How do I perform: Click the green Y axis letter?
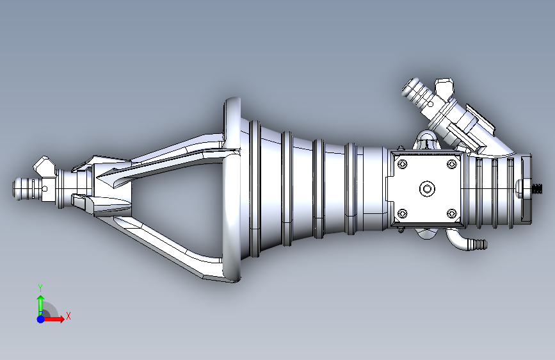tap(40, 288)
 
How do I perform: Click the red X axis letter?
tap(68, 316)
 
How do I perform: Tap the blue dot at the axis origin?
tap(41, 319)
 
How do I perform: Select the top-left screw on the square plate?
tap(403, 164)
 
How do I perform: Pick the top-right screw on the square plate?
tap(451, 164)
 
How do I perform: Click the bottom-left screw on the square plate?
tap(403, 213)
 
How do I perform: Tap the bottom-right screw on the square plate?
tap(451, 213)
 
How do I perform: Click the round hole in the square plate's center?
tap(427, 188)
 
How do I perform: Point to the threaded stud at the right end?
tap(537, 189)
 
